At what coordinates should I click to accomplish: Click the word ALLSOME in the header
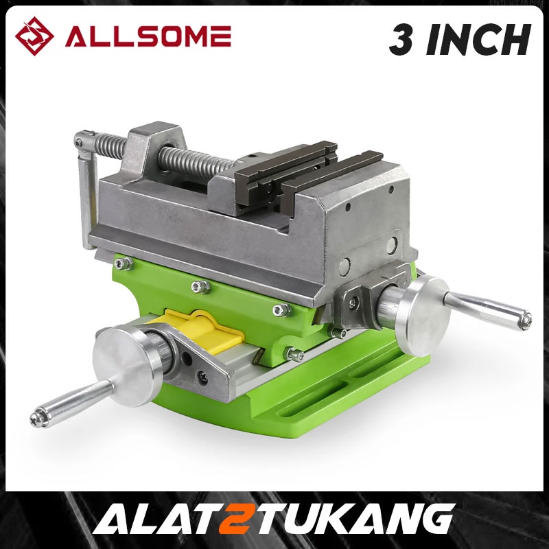[148, 36]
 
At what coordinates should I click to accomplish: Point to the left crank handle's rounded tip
[38, 415]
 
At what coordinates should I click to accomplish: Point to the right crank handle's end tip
[524, 318]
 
